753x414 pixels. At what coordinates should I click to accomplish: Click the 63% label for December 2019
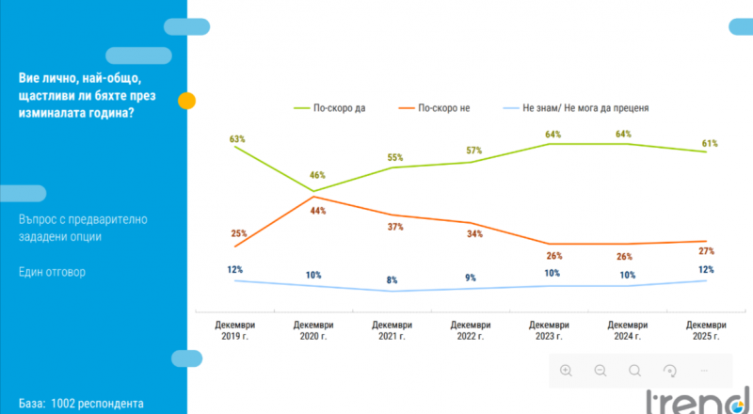237,139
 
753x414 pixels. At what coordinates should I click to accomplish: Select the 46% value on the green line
317,176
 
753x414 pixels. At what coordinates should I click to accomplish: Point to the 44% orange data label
317,211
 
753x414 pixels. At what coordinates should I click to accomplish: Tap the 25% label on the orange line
237,233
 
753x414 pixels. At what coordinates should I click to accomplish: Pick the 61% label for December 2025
709,144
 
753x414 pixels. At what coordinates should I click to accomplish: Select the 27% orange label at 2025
706,251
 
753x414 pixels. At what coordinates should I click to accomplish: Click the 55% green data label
395,158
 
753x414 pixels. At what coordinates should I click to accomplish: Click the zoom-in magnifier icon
566,370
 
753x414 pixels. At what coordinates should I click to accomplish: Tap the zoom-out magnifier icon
600,370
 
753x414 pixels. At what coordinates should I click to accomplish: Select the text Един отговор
53,273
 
